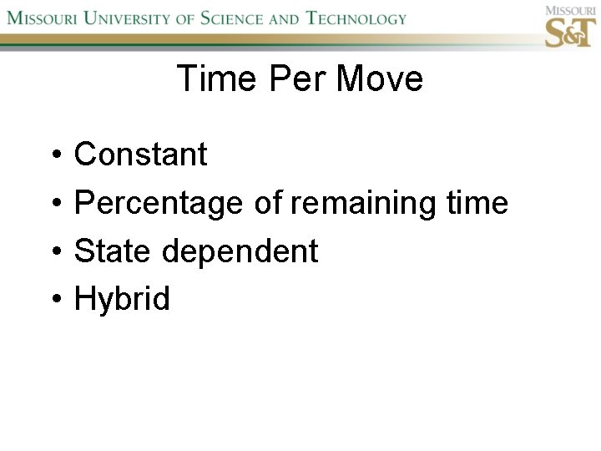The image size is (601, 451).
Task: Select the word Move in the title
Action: pos(379,79)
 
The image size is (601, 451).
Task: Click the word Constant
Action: pos(140,155)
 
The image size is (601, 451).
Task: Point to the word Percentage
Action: pos(159,203)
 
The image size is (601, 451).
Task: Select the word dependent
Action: pos(239,251)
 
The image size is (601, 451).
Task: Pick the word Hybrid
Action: pos(122,299)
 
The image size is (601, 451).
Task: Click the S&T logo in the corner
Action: pos(569,29)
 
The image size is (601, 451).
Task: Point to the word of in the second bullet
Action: pos(268,203)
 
